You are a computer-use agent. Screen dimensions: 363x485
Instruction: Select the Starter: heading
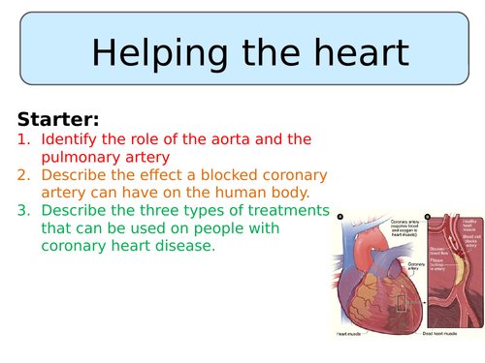(x=57, y=120)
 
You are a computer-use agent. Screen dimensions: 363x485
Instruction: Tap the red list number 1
(x=24, y=141)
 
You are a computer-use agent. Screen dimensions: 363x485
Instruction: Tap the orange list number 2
(x=24, y=176)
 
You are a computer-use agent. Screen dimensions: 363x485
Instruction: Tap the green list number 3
(x=24, y=211)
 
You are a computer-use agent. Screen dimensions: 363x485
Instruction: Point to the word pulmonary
(x=83, y=159)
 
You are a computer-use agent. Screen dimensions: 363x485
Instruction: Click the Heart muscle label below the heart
(x=352, y=333)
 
